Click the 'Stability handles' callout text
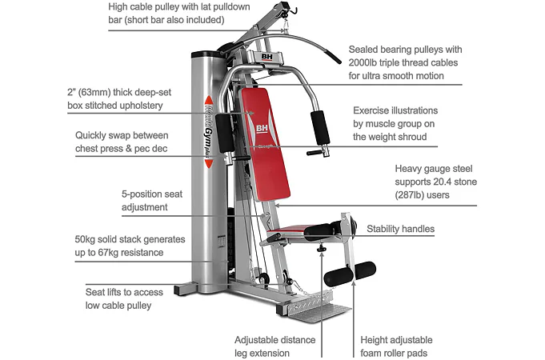[400, 230]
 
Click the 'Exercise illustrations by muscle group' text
[407, 123]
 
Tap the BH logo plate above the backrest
[267, 58]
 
